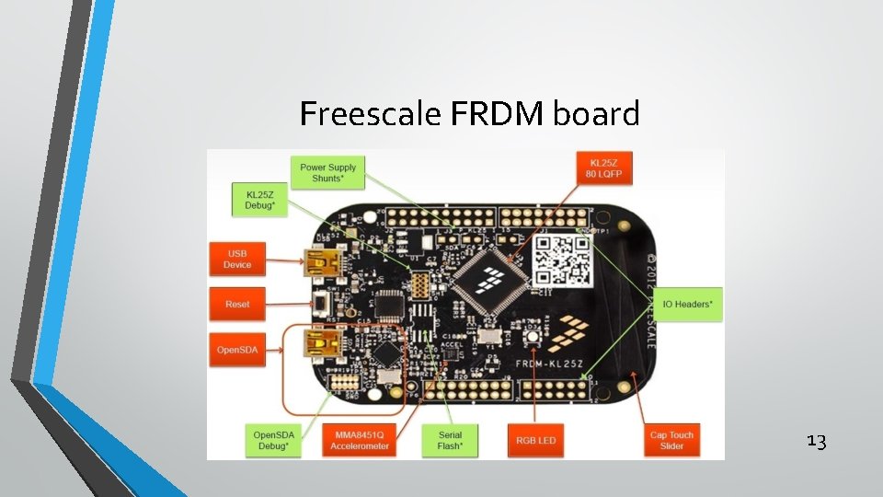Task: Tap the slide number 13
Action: point(816,441)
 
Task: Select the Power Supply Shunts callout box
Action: point(327,172)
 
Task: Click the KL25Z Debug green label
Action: point(259,201)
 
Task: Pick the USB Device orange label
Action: point(236,259)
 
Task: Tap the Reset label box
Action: point(236,304)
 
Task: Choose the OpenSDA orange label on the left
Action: point(236,350)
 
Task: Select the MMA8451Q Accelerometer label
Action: point(360,440)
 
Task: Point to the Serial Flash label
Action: point(450,440)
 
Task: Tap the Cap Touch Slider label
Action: point(671,440)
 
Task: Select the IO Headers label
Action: point(687,304)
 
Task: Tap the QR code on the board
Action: point(562,260)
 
